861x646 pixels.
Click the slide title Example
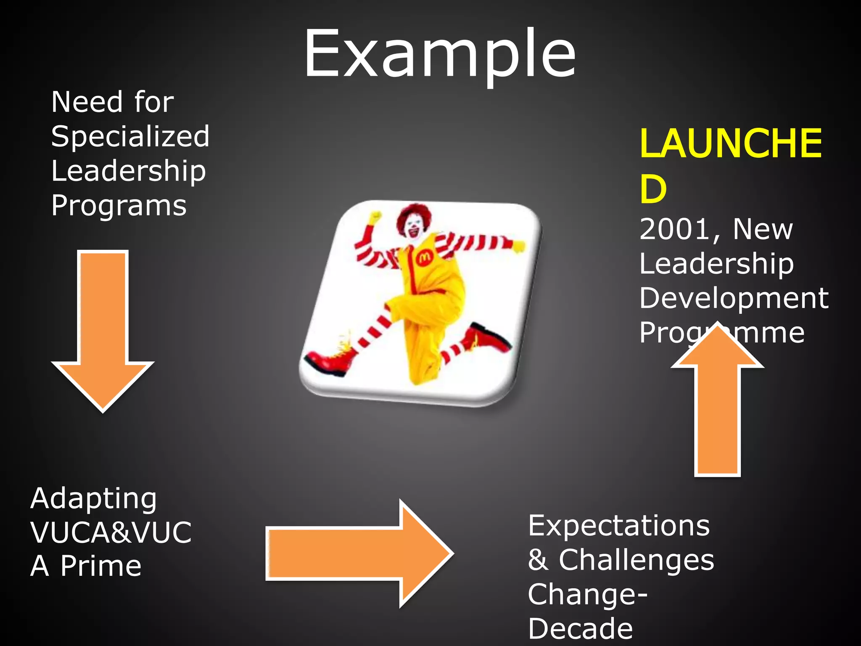point(440,54)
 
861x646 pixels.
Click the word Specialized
point(130,137)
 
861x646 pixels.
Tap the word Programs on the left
point(119,206)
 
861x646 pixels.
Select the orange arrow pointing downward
point(103,336)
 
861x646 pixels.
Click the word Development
point(734,298)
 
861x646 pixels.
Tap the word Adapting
point(93,499)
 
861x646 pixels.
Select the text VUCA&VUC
point(111,532)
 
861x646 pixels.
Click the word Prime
point(101,566)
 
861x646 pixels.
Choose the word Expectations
point(619,526)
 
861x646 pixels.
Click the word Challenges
point(636,560)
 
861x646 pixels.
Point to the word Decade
point(580,629)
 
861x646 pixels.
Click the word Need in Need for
point(87,102)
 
